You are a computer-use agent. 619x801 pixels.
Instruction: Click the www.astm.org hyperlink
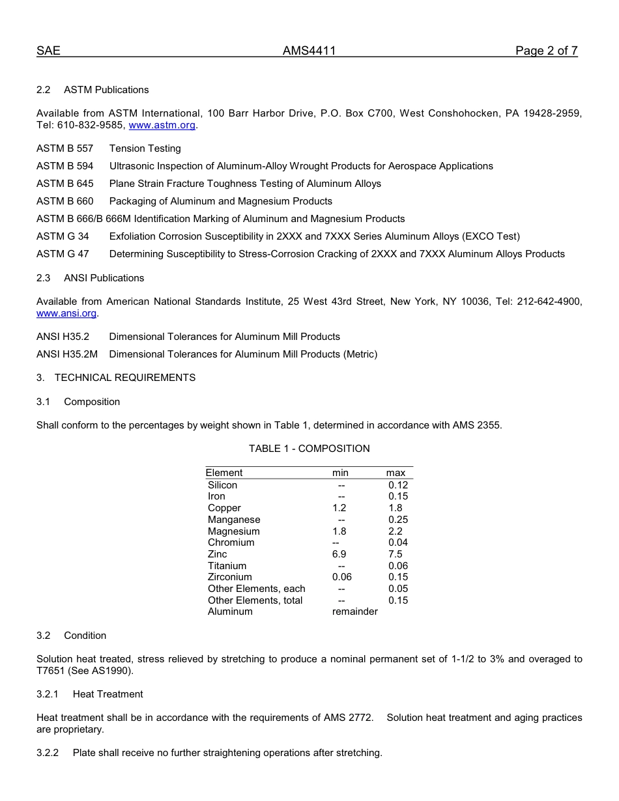point(162,125)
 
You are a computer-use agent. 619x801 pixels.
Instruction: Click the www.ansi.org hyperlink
point(66,313)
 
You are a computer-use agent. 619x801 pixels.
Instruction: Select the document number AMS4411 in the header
point(309,51)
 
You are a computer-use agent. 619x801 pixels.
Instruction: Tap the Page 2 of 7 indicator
point(546,51)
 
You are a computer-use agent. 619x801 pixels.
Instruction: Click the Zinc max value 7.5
point(395,554)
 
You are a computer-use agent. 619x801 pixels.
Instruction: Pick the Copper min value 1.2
point(339,508)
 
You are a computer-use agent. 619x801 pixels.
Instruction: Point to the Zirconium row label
point(229,577)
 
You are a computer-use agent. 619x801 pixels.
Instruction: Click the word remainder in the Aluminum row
point(354,611)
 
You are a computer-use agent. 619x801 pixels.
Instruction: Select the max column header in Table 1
point(396,473)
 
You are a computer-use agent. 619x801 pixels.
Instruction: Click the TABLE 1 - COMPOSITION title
point(309,449)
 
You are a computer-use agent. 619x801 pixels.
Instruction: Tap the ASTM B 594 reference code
point(65,166)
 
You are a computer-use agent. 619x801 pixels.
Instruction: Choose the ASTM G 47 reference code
point(63,254)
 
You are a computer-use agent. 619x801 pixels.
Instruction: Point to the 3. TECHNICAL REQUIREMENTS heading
point(116,378)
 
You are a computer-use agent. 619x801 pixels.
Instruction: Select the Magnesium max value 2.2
point(395,531)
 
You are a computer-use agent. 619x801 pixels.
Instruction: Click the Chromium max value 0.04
point(397,542)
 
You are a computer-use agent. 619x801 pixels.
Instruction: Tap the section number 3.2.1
point(48,694)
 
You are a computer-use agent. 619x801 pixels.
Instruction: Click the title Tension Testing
point(145,148)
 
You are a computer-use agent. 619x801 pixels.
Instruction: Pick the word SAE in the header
point(48,51)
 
